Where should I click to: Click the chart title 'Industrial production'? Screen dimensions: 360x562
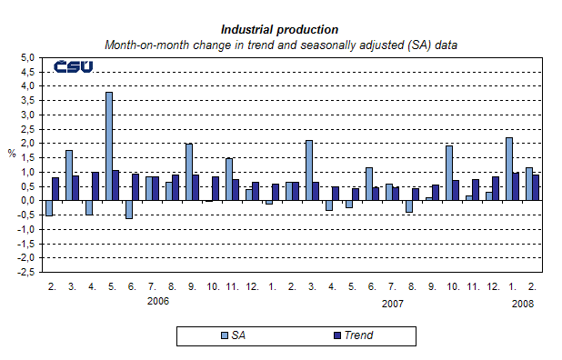pos(279,30)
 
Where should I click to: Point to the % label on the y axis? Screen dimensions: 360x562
pos(12,153)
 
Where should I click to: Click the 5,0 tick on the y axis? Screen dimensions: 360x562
pos(27,57)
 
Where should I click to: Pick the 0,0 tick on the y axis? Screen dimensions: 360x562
pos(27,200)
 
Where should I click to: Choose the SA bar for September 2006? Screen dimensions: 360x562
pos(188,172)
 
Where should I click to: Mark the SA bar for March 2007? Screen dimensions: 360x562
pos(308,170)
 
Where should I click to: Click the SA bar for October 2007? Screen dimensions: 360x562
pos(448,173)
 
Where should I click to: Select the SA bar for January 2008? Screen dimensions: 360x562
pos(508,168)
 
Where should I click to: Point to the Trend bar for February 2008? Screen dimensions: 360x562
pos(536,187)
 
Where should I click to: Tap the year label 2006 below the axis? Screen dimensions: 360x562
pos(157,301)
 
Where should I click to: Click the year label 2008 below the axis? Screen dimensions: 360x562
pos(522,304)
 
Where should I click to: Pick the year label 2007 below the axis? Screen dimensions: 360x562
pos(392,304)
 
